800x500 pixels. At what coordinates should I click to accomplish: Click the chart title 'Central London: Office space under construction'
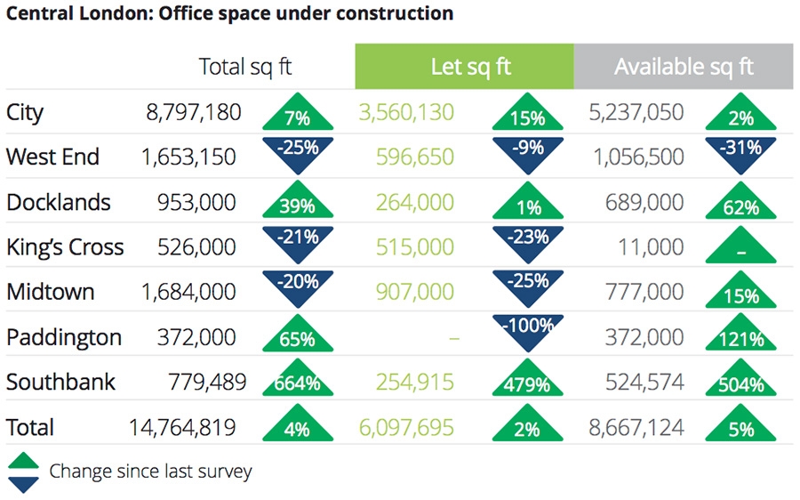[229, 14]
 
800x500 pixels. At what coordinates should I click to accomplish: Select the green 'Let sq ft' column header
[464, 67]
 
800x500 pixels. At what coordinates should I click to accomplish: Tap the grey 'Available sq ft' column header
[683, 67]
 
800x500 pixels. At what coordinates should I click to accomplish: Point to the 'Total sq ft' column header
[244, 67]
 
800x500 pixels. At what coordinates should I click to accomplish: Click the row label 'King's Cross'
[65, 247]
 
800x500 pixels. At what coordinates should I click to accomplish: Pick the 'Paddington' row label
[64, 337]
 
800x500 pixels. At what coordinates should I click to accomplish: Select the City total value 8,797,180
[193, 112]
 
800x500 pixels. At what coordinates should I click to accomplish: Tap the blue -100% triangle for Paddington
[526, 330]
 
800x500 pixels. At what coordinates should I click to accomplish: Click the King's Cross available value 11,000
[651, 247]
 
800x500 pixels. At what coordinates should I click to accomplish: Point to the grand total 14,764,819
[182, 427]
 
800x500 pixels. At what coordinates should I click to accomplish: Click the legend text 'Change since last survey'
[150, 472]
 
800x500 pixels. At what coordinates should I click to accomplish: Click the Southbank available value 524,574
[636, 383]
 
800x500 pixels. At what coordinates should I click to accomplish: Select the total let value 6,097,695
[406, 427]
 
